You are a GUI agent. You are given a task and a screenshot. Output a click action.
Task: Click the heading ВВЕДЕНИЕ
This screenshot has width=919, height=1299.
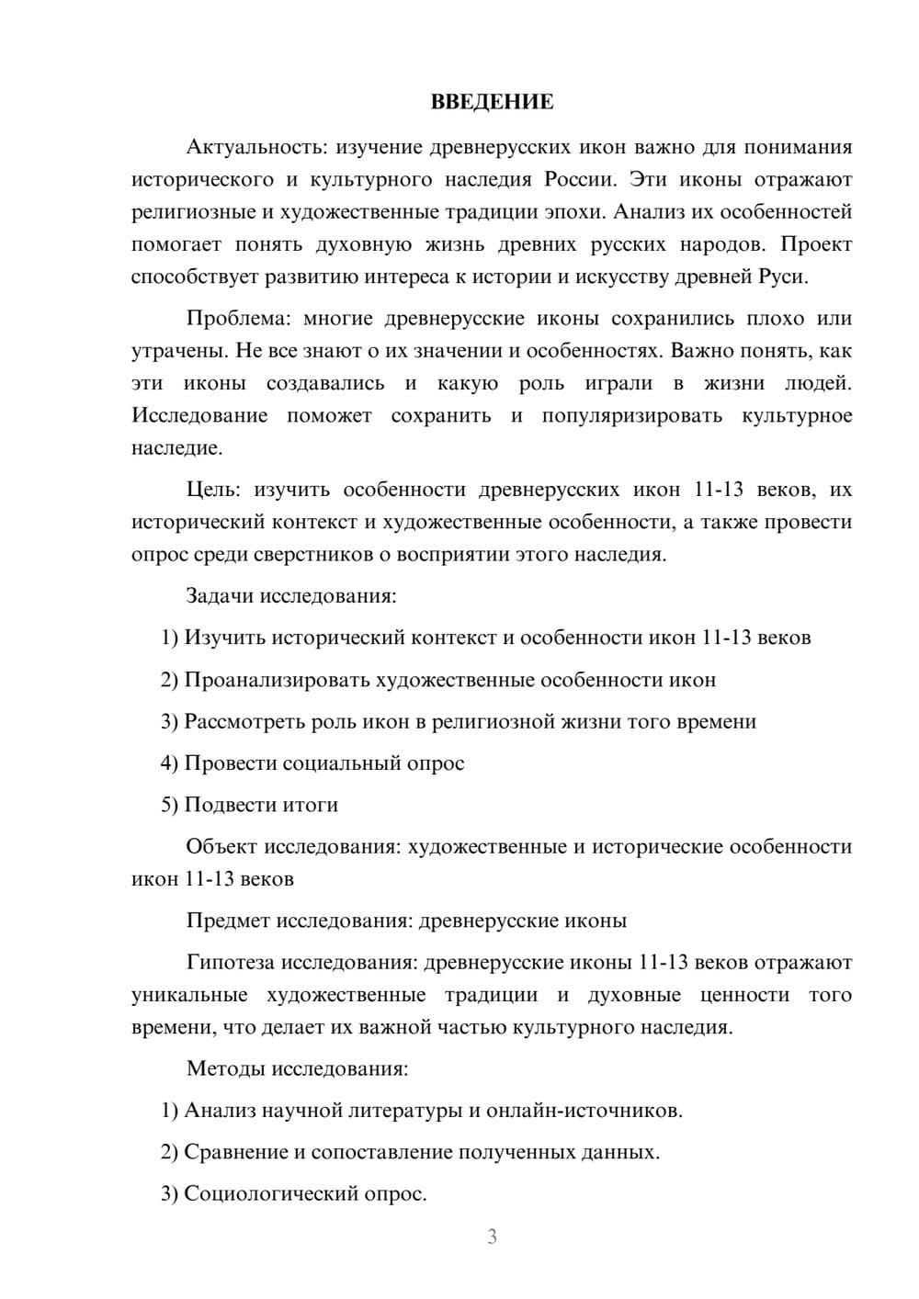coord(492,102)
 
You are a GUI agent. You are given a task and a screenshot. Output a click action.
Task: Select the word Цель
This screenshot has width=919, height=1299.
coord(212,490)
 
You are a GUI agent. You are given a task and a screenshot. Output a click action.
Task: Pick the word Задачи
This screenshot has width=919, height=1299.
coord(220,596)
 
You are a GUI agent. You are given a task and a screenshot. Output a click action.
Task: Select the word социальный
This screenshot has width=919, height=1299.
coord(336,763)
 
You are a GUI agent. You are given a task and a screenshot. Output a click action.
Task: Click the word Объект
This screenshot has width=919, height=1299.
coord(221,846)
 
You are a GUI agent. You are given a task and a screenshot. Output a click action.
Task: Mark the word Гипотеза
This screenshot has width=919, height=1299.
coord(231,963)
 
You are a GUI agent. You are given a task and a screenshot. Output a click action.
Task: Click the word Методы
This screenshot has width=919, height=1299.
coord(224,1069)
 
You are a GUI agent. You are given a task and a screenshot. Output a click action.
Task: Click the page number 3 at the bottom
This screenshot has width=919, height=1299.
coord(492,1237)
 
